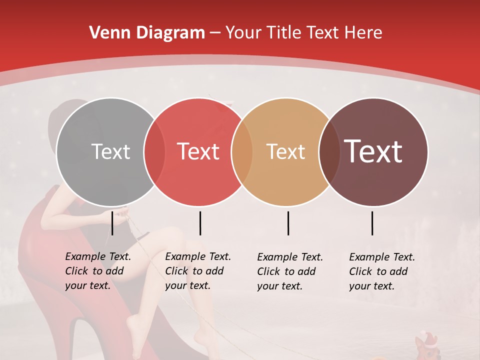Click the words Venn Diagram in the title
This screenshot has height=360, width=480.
click(x=147, y=33)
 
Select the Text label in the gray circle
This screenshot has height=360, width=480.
click(x=110, y=151)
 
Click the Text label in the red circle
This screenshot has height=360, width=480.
click(x=198, y=151)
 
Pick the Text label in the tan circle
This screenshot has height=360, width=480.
click(x=285, y=151)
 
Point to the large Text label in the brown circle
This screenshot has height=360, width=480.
click(x=373, y=151)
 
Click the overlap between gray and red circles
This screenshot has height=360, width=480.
click(x=154, y=151)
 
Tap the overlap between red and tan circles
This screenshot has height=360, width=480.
click(x=242, y=151)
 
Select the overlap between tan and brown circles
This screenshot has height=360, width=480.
click(x=329, y=151)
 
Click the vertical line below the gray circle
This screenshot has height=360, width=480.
click(x=112, y=223)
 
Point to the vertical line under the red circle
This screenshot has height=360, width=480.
click(x=200, y=223)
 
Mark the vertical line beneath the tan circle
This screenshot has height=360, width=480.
click(x=288, y=223)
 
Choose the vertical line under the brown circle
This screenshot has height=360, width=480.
click(x=372, y=223)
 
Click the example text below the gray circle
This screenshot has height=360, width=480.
click(x=98, y=271)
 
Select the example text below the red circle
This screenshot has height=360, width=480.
click(x=198, y=271)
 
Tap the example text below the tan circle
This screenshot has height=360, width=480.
click(x=290, y=271)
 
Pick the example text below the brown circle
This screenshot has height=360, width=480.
click(x=382, y=271)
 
